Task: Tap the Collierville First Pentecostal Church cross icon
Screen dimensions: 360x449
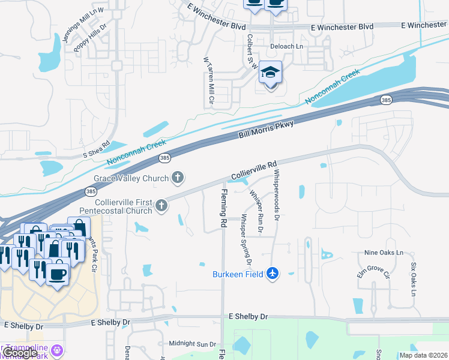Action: [161, 206]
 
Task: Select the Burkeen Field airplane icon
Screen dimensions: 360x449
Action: [273, 274]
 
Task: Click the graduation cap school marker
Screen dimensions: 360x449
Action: [271, 73]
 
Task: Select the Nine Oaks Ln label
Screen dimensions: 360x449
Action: [384, 253]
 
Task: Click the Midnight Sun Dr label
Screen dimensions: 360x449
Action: [192, 344]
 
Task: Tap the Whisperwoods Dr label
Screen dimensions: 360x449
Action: [277, 195]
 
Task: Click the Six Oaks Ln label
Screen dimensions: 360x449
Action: [414, 279]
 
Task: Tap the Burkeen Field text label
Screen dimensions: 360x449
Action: [238, 274]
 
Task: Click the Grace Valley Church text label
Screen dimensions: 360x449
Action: [131, 178]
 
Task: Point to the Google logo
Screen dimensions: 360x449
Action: [20, 353]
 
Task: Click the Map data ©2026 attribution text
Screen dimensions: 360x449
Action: [423, 355]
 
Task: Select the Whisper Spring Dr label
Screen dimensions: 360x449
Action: [246, 238]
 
